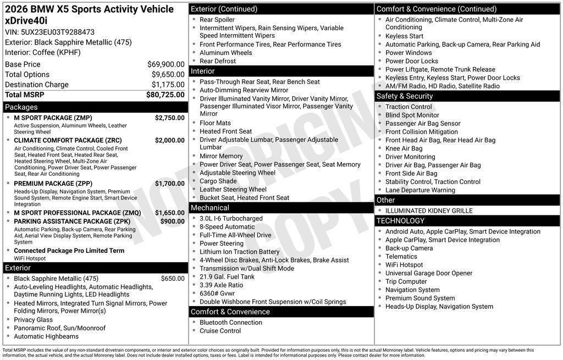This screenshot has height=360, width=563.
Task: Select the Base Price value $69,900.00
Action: coord(165,64)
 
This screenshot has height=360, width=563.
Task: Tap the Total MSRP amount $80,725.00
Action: coord(165,95)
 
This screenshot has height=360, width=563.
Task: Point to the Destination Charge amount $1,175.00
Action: coord(168,85)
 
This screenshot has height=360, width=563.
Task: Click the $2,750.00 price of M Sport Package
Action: coord(169,118)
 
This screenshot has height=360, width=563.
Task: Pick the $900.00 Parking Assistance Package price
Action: coord(172,221)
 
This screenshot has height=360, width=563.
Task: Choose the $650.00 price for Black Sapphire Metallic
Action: coord(173,279)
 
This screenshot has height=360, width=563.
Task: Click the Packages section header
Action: coord(21,107)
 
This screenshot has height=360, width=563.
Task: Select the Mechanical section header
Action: coord(209,208)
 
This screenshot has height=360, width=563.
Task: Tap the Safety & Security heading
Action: coord(405,96)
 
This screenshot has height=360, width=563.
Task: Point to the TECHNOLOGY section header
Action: coord(400,221)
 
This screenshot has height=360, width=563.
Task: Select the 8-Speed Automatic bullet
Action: coord(227,227)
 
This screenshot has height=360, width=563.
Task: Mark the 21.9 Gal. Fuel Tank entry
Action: coord(227,277)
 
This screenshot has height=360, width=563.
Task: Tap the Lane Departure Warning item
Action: coord(420,190)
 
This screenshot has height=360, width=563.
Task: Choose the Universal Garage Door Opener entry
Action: coord(429,273)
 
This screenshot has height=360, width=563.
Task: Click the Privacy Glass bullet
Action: coord(34,320)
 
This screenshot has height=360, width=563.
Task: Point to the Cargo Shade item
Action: coord(218,181)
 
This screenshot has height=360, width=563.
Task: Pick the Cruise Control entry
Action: coord(220,331)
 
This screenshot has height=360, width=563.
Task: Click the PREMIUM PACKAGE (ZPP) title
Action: coord(53,184)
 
